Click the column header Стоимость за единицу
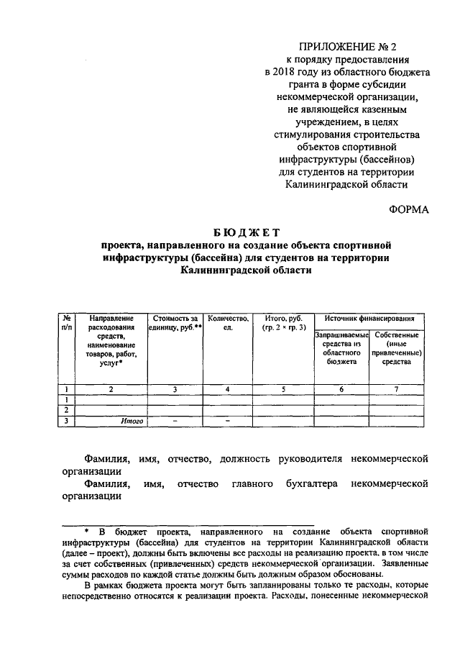pos(174,322)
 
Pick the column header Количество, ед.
pos(227,322)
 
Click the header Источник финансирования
pos(369,317)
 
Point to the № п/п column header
pos(66,322)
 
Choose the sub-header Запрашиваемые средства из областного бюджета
pos(341,349)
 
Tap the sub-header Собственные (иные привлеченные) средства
pos(397,349)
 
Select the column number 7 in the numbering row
pos(397,389)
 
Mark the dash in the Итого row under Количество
pos(227,421)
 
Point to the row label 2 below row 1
pos(66,410)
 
